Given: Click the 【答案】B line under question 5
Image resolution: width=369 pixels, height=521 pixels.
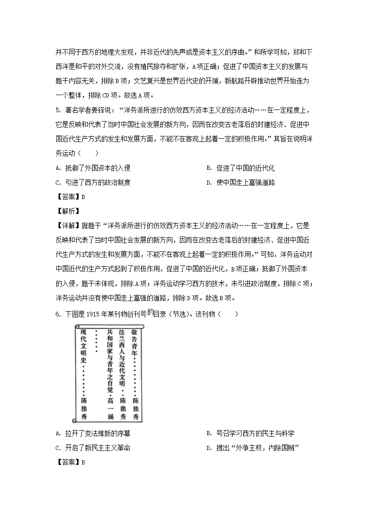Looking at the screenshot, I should (70, 197).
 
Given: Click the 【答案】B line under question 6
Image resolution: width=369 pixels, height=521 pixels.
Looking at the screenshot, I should (70, 462).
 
